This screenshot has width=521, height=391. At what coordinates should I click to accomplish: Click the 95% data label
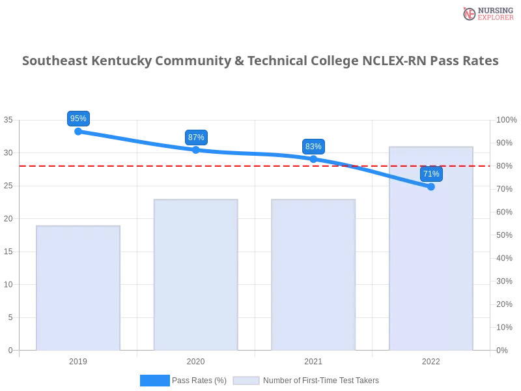pos(78,119)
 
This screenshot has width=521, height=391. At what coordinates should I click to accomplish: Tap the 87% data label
pos(195,138)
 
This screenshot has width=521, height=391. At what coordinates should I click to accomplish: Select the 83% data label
pos(313,147)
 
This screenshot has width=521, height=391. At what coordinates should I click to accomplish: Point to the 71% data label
pos(431,174)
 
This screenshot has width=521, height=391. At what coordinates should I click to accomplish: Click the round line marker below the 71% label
pos(431,187)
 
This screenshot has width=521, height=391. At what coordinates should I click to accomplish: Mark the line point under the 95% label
pos(78,131)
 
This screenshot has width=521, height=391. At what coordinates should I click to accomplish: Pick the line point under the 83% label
pos(313,158)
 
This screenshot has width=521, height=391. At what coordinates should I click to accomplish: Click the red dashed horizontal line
pos(260,165)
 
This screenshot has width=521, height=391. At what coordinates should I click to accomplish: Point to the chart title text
pos(260,62)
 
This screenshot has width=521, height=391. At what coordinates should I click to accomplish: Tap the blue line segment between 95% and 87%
pos(137,140)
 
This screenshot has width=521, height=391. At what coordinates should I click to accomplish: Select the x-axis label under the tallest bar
pos(431,360)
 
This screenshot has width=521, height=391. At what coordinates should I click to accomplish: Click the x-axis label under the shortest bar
pos(78,360)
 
